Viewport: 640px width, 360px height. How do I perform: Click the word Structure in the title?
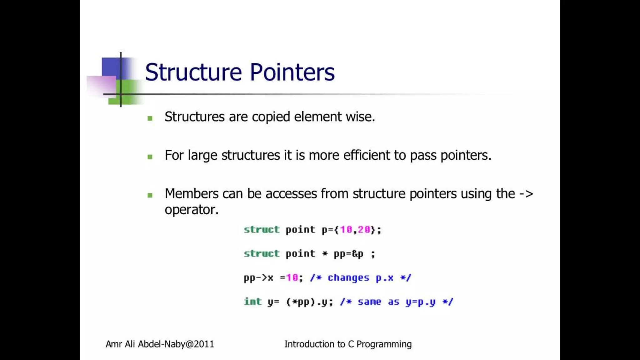tap(193, 72)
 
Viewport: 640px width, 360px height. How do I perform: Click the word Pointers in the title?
tap(292, 72)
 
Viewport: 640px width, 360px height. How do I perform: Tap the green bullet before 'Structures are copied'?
tap(150, 118)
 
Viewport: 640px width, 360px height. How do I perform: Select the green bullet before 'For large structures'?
tap(150, 157)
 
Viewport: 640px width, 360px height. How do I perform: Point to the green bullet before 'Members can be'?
tap(150, 195)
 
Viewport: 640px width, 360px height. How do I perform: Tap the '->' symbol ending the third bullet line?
tap(526, 194)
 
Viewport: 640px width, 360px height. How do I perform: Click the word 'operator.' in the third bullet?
tap(191, 210)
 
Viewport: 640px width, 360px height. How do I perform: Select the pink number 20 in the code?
tap(364, 230)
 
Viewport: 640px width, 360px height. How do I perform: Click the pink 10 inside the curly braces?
tap(346, 230)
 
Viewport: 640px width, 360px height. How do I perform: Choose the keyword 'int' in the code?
tap(252, 302)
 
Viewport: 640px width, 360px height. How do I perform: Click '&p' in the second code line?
tap(357, 254)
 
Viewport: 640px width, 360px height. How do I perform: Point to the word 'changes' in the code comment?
tap(348, 278)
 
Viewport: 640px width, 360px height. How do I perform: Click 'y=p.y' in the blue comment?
tap(420, 302)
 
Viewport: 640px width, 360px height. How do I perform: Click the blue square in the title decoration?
tap(111, 67)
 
